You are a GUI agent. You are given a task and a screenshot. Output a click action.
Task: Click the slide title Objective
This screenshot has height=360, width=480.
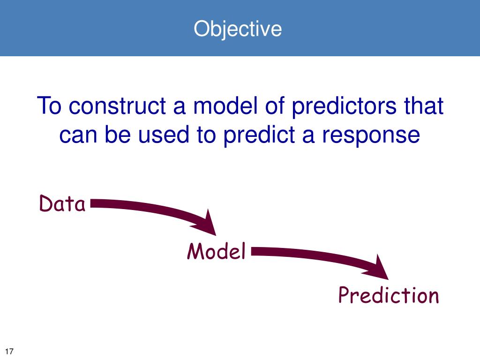point(238,30)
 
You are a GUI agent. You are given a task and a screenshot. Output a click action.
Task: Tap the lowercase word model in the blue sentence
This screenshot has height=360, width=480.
point(225,105)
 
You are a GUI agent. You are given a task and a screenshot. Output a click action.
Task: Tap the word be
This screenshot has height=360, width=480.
point(118,134)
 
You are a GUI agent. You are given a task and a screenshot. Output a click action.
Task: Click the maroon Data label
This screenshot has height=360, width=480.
point(62,203)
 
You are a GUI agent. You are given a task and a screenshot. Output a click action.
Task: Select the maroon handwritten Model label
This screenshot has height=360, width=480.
point(217,251)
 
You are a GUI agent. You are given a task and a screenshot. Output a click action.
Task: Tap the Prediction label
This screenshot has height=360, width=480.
point(389,295)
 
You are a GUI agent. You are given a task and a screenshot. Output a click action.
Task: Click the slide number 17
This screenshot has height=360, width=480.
point(9,351)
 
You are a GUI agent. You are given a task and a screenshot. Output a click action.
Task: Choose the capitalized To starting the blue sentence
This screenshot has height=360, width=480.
point(49,105)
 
